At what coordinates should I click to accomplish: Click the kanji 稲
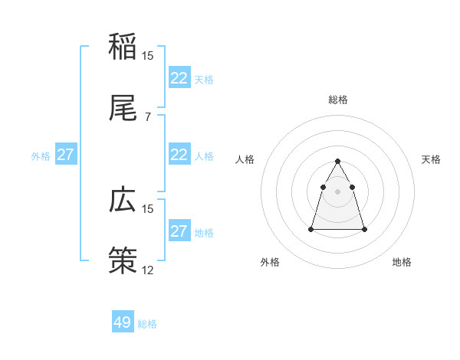(x=123, y=47)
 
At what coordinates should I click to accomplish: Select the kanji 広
(x=123, y=200)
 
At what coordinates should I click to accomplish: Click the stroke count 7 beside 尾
(x=147, y=116)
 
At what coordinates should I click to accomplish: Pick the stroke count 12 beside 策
(x=147, y=270)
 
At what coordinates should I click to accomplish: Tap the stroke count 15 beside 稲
(x=147, y=56)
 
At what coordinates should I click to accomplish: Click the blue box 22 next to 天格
(x=179, y=78)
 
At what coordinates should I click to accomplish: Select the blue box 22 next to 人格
(x=179, y=155)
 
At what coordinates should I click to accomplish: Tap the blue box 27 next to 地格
(x=179, y=231)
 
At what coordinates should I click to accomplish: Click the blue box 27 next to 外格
(x=65, y=155)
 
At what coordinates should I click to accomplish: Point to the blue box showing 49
(x=122, y=322)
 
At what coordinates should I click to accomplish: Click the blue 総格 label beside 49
(x=147, y=324)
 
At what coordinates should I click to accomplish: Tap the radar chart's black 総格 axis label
(x=338, y=100)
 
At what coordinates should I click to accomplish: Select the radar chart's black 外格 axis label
(x=270, y=262)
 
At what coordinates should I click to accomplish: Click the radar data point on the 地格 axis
(x=364, y=229)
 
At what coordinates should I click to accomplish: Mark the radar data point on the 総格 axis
(x=338, y=161)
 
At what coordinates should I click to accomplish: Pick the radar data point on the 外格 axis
(x=311, y=229)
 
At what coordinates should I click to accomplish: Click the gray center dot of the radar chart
(x=338, y=190)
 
